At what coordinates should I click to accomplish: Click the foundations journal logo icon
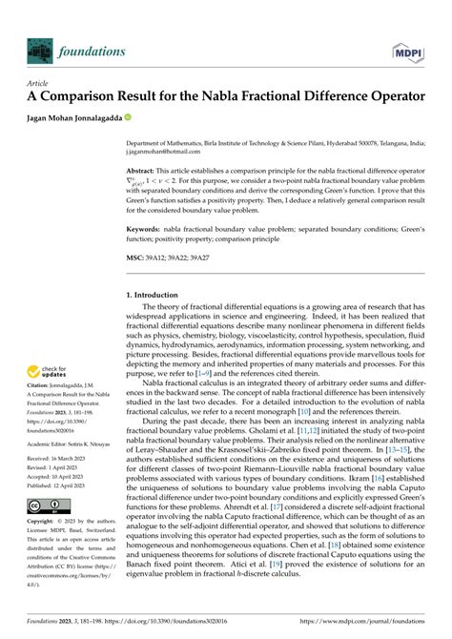point(42,50)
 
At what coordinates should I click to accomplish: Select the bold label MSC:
point(137,257)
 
